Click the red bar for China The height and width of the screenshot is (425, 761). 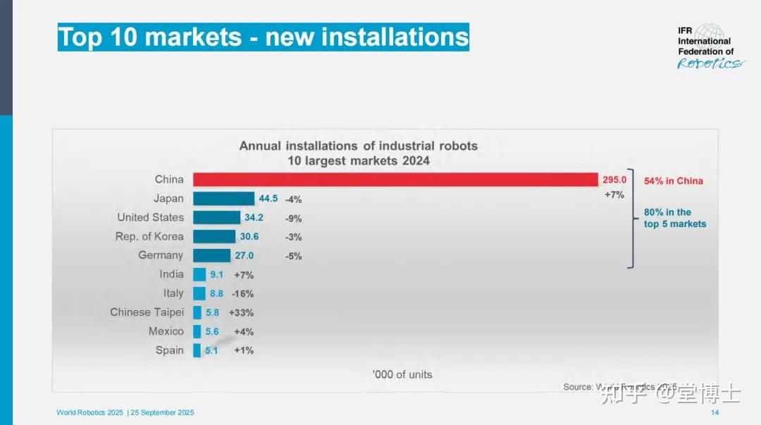click(395, 180)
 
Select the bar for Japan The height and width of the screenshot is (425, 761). click(223, 199)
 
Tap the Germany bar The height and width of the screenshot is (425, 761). click(211, 255)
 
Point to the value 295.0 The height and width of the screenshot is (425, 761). click(614, 180)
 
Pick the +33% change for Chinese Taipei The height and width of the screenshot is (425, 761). click(241, 312)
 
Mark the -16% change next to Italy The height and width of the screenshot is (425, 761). click(242, 293)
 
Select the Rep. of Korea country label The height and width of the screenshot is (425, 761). click(149, 237)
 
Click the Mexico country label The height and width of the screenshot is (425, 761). click(166, 331)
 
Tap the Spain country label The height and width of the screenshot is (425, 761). click(170, 350)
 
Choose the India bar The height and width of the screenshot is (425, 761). click(199, 274)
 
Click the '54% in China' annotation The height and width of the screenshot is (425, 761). click(674, 181)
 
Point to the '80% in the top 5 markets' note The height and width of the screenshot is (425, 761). click(674, 218)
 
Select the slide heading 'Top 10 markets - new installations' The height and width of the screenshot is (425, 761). click(263, 37)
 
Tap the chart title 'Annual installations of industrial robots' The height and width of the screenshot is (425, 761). click(359, 146)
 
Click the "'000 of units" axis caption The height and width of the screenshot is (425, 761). click(402, 374)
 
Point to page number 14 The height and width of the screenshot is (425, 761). click(714, 412)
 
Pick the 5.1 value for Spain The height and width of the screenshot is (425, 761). click(211, 350)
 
